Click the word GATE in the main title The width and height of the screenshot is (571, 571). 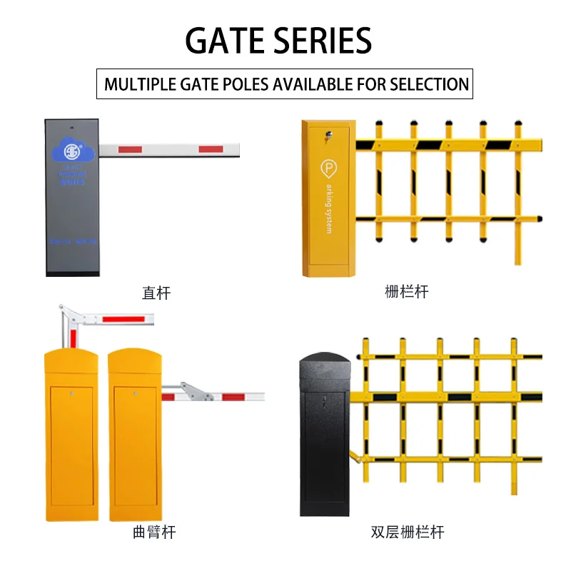[227, 41]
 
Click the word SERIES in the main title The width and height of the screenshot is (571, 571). [325, 41]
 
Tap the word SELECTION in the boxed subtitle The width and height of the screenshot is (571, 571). [429, 84]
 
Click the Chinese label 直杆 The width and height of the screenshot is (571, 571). [156, 293]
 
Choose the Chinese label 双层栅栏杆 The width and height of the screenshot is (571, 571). [408, 532]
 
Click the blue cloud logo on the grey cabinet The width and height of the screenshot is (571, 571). [71, 151]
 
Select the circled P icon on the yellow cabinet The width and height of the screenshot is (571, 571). [329, 168]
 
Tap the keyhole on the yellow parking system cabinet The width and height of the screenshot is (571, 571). [328, 132]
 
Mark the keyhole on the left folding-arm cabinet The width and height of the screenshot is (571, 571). [72, 392]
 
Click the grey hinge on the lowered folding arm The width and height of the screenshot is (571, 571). [193, 392]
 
